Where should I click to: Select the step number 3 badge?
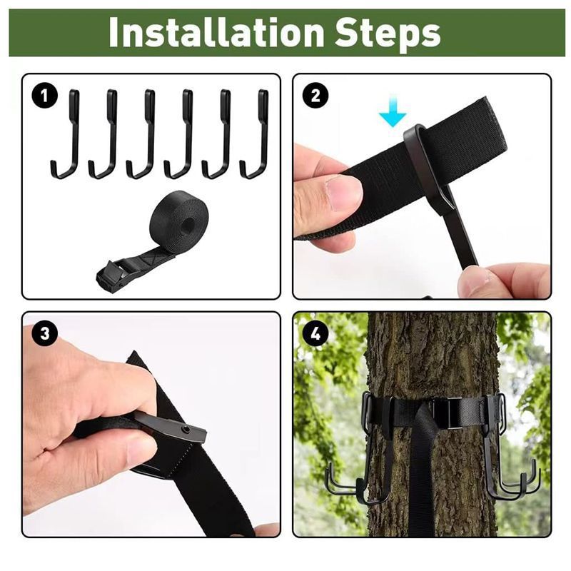(x=45, y=333)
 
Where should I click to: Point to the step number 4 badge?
(x=315, y=333)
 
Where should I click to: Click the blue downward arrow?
(x=392, y=114)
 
